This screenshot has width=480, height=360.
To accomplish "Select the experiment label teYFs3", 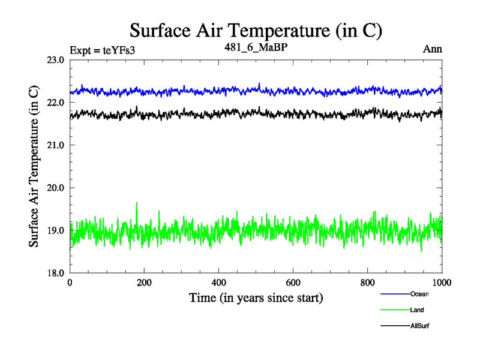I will coord(102,50).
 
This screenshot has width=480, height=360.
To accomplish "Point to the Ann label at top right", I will coord(433,49).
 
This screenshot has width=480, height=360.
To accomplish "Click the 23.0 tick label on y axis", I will coord(55,60).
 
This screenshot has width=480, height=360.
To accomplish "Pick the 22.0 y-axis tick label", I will coord(55,103).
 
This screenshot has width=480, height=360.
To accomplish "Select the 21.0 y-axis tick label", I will coord(55,145).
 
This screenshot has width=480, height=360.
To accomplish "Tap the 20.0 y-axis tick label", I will coord(55,188).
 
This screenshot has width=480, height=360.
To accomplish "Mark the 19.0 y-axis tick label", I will coord(55,230).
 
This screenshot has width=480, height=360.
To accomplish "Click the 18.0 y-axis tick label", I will coord(55,273).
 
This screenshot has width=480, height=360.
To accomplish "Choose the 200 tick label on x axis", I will coord(145,283).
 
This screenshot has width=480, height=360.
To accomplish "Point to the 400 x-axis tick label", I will coord(219,283).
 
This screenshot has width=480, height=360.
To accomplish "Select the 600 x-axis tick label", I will coord(293,283).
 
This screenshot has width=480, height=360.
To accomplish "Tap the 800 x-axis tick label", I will coord(368,283).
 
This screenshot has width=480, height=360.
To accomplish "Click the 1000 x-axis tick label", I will coord(442,283).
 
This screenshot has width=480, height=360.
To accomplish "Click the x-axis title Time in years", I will coord(256,298).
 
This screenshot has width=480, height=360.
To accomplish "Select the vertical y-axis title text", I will coord(35,166).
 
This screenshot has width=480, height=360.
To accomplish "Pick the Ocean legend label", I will coord(419,294).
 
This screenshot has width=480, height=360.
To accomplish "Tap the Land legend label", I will coord(418,310).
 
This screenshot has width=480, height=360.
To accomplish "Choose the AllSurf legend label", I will coord(420,326).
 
